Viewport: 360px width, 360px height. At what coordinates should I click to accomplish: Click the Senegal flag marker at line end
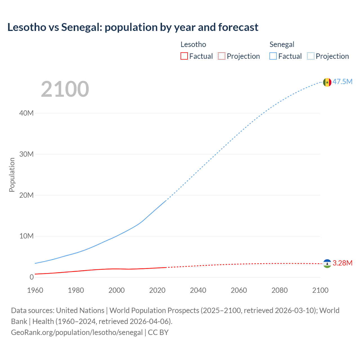click(x=327, y=82)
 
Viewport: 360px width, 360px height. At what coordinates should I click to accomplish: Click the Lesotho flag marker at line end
click(x=327, y=264)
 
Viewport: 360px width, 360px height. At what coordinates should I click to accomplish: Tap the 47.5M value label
click(x=342, y=82)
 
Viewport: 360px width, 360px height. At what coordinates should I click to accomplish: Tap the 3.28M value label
click(x=342, y=263)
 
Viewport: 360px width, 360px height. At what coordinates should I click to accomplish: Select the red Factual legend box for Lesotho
click(x=184, y=56)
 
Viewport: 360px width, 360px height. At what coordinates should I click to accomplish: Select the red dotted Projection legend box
click(x=222, y=56)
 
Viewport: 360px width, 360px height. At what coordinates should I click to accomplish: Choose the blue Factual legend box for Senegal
click(x=273, y=56)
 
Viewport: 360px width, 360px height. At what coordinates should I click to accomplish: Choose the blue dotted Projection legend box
click(x=311, y=56)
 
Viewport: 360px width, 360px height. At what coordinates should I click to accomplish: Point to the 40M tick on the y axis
click(x=26, y=113)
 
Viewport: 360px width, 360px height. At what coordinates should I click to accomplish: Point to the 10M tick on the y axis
click(x=26, y=236)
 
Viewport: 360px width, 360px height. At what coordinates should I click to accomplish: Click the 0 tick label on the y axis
click(x=31, y=277)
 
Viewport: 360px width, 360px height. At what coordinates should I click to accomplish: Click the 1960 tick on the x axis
click(x=35, y=290)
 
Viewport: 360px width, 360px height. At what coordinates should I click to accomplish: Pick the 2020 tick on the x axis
click(x=157, y=290)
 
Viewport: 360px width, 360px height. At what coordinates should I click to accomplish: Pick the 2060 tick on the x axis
click(x=239, y=290)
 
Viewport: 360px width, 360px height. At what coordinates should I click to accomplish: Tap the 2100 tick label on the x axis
click(x=320, y=290)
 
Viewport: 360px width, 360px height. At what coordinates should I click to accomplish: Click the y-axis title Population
click(x=12, y=175)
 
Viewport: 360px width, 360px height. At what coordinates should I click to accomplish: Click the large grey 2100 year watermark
click(x=65, y=89)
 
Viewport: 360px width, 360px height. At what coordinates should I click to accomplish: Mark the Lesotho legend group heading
click(x=193, y=44)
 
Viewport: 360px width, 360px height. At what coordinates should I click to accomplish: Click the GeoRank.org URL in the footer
click(x=77, y=332)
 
